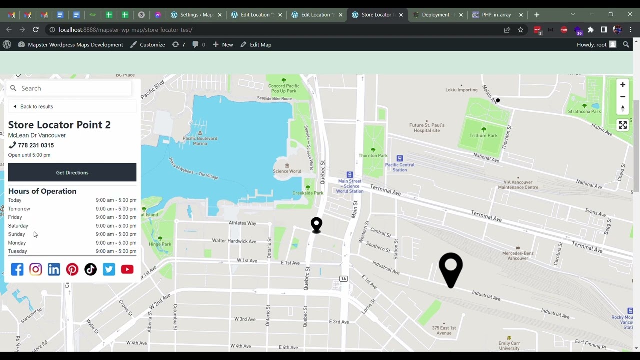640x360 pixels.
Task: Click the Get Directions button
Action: pyautogui.click(x=72, y=172)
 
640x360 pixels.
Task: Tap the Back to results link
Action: pyautogui.click(x=36, y=106)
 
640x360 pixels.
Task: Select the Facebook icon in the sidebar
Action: pyautogui.click(x=17, y=269)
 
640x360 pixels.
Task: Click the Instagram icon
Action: pyautogui.click(x=35, y=269)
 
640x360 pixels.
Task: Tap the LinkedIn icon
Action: pyautogui.click(x=54, y=269)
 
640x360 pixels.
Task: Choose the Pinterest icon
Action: pyautogui.click(x=72, y=269)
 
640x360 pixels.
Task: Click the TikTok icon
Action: pyautogui.click(x=90, y=269)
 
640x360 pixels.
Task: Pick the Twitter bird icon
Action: pyautogui.click(x=109, y=269)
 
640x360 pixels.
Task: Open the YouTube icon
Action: pyautogui.click(x=127, y=269)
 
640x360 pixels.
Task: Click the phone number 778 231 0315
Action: pyautogui.click(x=36, y=145)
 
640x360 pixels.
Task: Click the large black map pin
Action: pyautogui.click(x=451, y=267)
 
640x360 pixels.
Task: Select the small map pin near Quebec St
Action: pyautogui.click(x=316, y=224)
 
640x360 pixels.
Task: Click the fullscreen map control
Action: pyautogui.click(x=622, y=125)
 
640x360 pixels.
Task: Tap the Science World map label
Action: pyautogui.click(x=287, y=171)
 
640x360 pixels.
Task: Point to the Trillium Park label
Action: pyautogui.click(x=483, y=135)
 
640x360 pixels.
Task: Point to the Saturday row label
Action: pyautogui.click(x=18, y=226)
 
